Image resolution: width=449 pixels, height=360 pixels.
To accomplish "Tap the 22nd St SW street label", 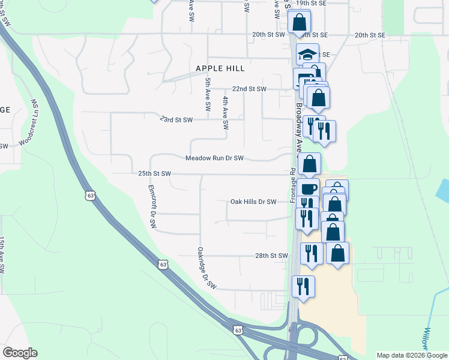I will coord(249,89).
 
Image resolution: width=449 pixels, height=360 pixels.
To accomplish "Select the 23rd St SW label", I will coord(176,119).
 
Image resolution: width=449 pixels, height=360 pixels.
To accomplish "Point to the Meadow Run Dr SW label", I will coord(214,158).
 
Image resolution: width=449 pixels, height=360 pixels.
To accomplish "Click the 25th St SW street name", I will coord(155,173).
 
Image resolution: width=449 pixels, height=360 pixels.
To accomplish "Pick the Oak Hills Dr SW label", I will coord(253,202).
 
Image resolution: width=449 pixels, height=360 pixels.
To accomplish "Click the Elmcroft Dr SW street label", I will coord(152,206).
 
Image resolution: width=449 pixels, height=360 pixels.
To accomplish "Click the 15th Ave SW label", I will coord(2,256).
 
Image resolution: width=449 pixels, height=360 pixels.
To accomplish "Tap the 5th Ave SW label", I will coord(208,94).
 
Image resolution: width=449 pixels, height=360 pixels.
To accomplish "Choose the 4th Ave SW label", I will coord(226,113).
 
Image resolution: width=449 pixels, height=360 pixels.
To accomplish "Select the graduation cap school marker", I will coord(308,53).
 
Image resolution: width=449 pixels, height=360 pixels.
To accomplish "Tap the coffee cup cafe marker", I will coord(309,187).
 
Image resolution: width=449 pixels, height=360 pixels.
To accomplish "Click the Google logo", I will coord(20,353).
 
